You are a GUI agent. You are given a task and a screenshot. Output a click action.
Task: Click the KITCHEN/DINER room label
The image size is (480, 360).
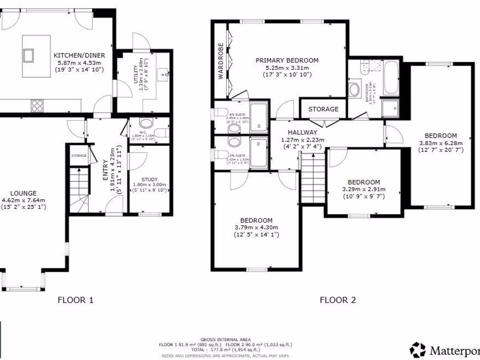(x=79, y=55)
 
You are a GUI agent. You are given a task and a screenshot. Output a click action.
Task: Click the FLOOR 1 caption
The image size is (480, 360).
(x=75, y=300)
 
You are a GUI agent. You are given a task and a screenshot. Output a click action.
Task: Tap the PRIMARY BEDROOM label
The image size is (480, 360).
(x=287, y=60)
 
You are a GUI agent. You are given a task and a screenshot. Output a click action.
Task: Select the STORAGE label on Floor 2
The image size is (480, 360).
(x=323, y=109)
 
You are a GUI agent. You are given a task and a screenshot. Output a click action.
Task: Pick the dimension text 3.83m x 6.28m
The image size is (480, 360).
(x=440, y=143)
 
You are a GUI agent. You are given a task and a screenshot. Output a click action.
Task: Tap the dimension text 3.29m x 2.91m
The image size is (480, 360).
(x=363, y=190)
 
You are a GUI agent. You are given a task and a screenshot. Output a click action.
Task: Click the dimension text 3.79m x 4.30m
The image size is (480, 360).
(x=256, y=228)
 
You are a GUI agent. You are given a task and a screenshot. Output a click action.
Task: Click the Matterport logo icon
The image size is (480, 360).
(x=417, y=349)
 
